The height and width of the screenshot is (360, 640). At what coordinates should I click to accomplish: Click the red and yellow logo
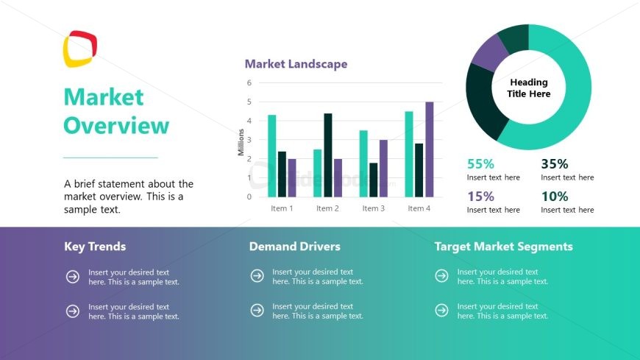point(79,49)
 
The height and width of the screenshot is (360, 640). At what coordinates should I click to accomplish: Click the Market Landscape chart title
point(296,64)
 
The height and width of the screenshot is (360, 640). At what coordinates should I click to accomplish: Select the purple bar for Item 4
point(430,149)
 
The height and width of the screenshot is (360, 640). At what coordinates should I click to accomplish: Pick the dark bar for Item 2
point(328,155)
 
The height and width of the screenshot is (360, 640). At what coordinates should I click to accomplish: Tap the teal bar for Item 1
point(271,156)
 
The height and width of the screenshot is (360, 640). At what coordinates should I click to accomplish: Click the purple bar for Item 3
point(383,169)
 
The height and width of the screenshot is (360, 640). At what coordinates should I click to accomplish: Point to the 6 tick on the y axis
point(249,83)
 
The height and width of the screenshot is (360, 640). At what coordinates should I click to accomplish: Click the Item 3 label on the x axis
point(373,208)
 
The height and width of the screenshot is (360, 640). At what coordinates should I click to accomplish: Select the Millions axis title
point(241,141)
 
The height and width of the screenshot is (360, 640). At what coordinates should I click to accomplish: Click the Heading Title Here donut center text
point(529,88)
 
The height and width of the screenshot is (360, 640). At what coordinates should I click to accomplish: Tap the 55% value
point(480,164)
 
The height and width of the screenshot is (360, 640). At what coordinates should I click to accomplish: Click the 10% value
point(555,197)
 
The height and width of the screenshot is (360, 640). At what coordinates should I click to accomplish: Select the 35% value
point(555,164)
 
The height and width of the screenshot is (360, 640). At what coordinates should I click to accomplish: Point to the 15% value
point(480,197)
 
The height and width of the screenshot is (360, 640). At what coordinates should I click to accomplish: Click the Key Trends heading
point(95,247)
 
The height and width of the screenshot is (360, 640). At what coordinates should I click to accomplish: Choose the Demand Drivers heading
point(294,247)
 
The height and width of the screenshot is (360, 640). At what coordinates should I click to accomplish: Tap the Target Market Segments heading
point(503,247)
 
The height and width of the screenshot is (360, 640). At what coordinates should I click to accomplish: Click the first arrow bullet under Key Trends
point(73,277)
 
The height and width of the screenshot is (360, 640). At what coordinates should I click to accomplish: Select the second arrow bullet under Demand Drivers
point(257,311)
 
